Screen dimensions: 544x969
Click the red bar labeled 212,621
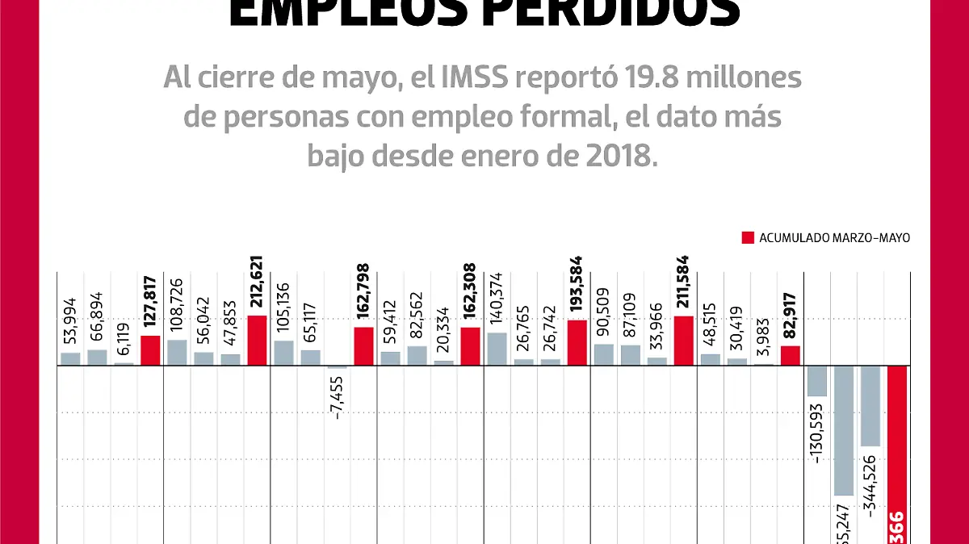point(257,341)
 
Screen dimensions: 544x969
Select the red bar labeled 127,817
point(150,350)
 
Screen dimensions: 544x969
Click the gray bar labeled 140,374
point(497,349)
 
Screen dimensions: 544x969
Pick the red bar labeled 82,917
point(791,355)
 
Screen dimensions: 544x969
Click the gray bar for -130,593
point(817,381)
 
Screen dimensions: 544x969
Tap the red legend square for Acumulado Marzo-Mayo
point(748,238)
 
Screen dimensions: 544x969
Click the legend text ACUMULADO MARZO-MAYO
point(834,238)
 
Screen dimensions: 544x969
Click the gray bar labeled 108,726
point(177,353)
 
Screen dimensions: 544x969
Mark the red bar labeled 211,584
point(683,341)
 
